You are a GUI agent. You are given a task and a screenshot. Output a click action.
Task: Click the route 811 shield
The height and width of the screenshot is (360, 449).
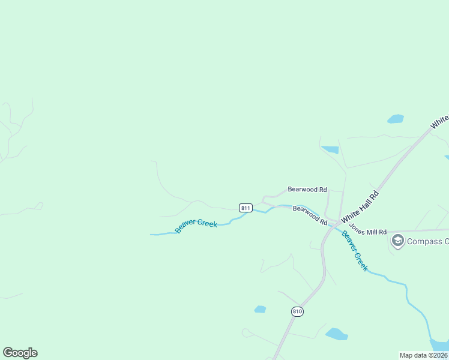pos(246,208)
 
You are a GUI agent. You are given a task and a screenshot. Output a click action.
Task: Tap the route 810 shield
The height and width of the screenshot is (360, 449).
pos(298,311)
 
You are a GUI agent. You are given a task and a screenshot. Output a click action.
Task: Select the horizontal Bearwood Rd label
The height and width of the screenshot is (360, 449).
pos(307,189)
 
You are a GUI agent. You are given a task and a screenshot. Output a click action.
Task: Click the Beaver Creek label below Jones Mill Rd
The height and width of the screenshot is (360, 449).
pos(355,251)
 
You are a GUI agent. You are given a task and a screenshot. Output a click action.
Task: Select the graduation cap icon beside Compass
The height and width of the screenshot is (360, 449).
pos(397,241)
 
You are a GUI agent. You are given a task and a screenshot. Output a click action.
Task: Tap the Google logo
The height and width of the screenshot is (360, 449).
pos(20,353)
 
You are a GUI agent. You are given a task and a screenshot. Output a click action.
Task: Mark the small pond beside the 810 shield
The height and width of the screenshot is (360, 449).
pos(260,309)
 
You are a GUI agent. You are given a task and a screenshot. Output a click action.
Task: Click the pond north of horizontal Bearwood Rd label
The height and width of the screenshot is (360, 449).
pos(330,149)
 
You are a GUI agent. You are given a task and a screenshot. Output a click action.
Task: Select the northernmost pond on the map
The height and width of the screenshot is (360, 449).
pos(396,119)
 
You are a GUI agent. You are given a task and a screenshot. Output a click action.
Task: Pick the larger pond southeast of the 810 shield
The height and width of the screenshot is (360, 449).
pos(337,334)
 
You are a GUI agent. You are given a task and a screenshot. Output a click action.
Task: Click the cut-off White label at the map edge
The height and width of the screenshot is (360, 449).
pos(439,122)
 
